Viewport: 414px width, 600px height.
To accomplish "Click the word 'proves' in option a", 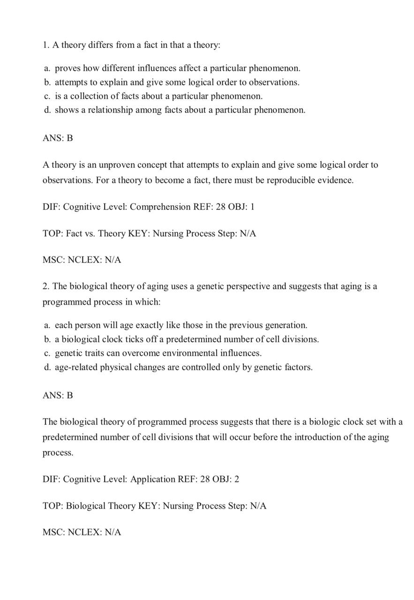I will click(x=68, y=68).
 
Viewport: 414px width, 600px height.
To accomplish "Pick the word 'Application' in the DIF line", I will click(x=153, y=480).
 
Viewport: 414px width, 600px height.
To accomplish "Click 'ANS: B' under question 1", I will click(x=58, y=139).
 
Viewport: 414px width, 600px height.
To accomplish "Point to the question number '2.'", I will click(x=46, y=286).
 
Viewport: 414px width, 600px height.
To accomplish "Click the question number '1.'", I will click(x=46, y=45).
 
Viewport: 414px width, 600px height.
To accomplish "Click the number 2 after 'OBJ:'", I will click(x=237, y=480).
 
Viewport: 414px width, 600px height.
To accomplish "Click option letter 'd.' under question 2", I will click(x=47, y=367).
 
